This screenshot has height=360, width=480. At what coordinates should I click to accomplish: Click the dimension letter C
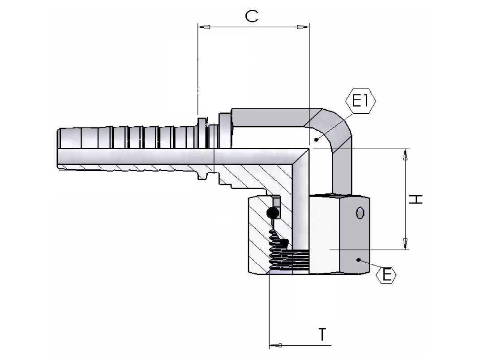coord(252,17)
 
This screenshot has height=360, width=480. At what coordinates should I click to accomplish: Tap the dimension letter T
coord(322,334)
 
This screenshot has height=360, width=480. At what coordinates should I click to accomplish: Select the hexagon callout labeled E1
coord(360,101)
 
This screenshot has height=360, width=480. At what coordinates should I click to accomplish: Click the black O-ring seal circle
coord(272,214)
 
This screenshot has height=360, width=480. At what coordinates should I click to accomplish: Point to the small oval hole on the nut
coord(359,213)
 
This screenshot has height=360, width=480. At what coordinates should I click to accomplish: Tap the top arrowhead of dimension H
coord(405,155)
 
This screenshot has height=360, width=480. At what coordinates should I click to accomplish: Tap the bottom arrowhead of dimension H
coord(405,243)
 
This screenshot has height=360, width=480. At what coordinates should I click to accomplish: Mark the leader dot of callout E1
coord(316,140)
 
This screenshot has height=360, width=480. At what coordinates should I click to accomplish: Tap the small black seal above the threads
coord(283,243)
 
